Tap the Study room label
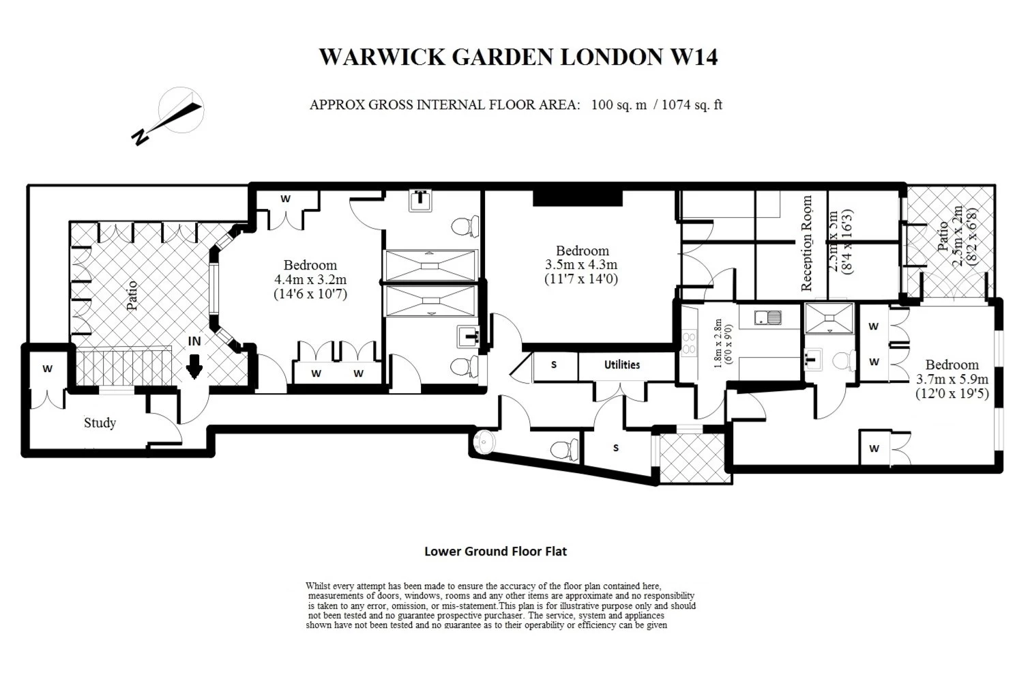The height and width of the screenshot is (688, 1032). [x=100, y=423]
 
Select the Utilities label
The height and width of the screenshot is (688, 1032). [x=622, y=365]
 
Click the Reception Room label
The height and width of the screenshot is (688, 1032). [x=807, y=244]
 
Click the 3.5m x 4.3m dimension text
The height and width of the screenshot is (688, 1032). [x=581, y=265]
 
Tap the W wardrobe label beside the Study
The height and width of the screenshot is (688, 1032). [x=47, y=369]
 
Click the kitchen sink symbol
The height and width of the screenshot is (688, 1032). [x=769, y=317]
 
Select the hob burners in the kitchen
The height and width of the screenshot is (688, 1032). [x=688, y=343]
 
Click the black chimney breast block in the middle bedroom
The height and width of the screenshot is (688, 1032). [x=577, y=198]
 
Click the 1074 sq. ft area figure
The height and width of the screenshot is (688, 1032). [x=692, y=105]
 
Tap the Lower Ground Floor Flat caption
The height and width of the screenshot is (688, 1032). [x=495, y=551]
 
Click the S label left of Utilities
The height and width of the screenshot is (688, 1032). [x=554, y=365]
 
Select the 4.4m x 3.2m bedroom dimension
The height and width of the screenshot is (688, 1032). [x=310, y=280]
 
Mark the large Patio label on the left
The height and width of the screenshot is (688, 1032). [x=132, y=295]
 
